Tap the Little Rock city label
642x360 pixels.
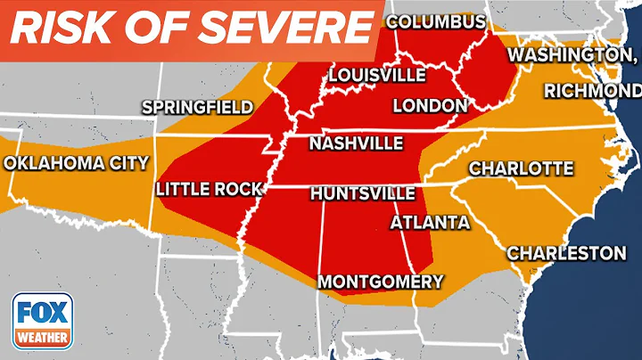tap(209, 189)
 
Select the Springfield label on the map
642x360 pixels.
tap(198, 107)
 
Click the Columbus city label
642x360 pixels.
tap(436, 21)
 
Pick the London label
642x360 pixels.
tap(430, 105)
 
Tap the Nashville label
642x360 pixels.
tap(356, 143)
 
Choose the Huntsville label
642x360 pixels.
tap(362, 193)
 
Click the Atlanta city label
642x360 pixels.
tap(431, 221)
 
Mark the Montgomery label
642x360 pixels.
tap(381, 282)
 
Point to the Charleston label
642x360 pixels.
tap(566, 253)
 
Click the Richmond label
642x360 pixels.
tap(592, 91)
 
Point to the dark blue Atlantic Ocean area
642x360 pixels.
tap(615, 303)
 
